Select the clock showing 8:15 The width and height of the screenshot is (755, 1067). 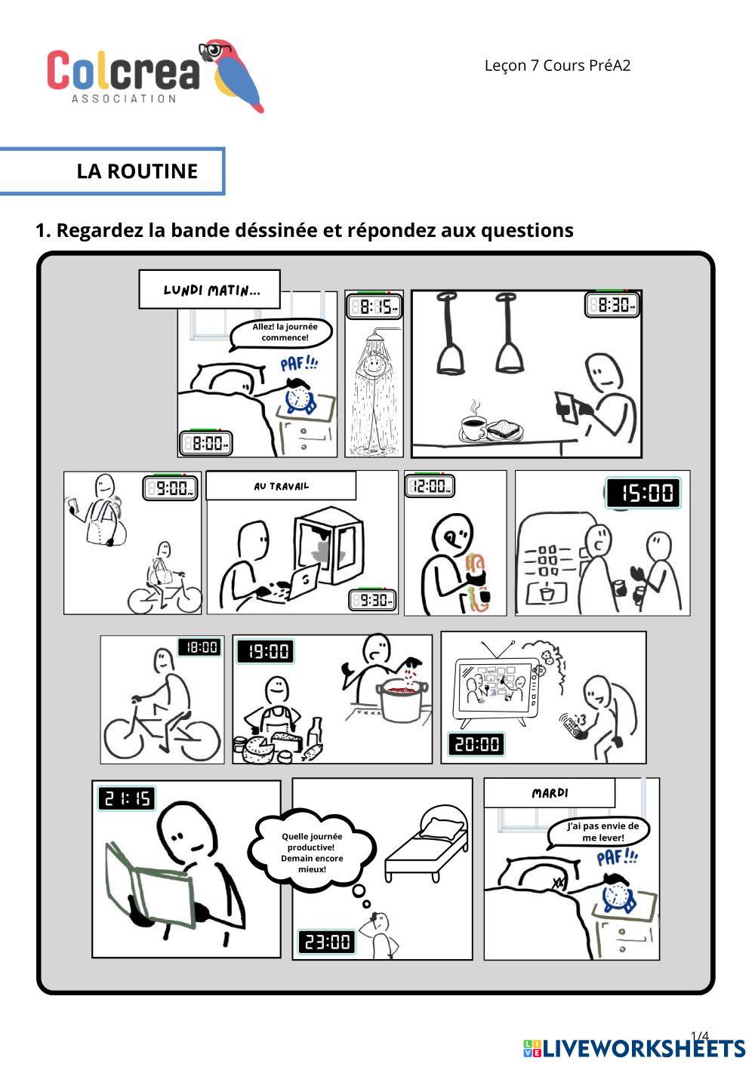coord(374,306)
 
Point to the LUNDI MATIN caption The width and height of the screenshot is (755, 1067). coord(210,290)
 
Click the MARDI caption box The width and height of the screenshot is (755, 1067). coord(550,793)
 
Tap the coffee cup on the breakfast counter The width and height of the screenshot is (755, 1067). coord(473,426)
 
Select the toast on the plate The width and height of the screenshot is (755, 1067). coord(504,430)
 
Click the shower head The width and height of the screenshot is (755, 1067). coord(375,340)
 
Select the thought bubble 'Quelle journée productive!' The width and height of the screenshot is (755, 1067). coord(312,852)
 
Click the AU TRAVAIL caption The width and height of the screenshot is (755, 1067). coord(281,486)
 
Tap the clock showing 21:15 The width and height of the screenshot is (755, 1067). coord(126,798)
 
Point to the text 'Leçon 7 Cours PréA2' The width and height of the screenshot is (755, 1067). coord(557,66)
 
